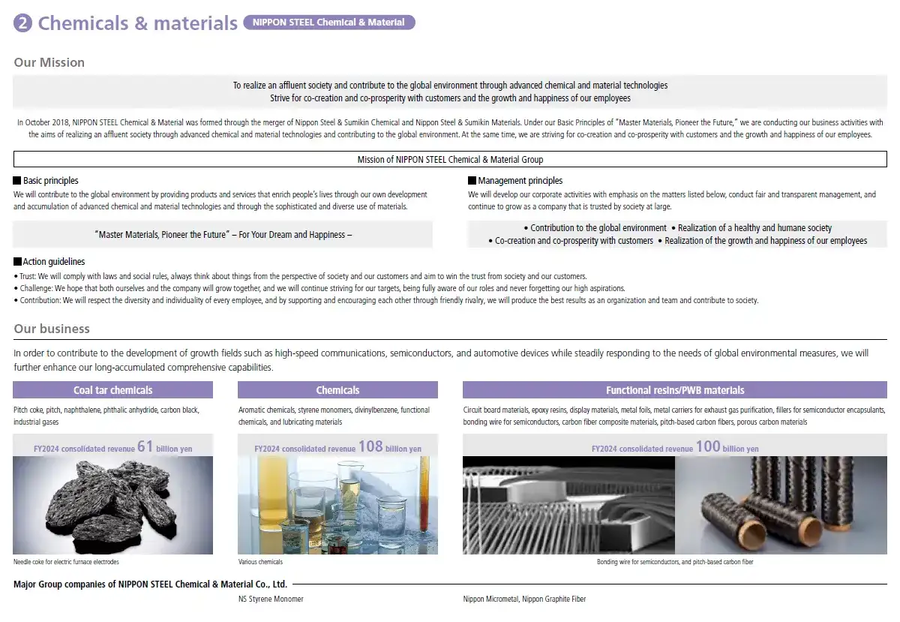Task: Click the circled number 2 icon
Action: [x=23, y=23]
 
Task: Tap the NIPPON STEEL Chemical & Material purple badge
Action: [x=328, y=23]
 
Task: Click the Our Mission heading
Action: [x=49, y=62]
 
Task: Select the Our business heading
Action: [x=52, y=329]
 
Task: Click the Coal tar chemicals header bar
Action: [x=112, y=390]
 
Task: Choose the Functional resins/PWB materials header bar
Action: [x=674, y=390]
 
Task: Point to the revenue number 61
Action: [x=145, y=447]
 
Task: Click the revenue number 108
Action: [x=370, y=447]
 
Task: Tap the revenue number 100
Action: [x=707, y=447]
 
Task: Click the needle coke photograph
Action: [x=112, y=506]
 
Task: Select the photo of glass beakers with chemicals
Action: [x=337, y=506]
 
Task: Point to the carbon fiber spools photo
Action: [x=780, y=506]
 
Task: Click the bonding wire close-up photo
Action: [x=568, y=506]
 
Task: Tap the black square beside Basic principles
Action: [x=17, y=181]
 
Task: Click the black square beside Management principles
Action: [x=472, y=181]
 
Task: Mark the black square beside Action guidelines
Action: [x=17, y=262]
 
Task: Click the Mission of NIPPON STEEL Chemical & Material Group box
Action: [x=450, y=159]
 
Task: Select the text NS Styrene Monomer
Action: [x=271, y=599]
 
